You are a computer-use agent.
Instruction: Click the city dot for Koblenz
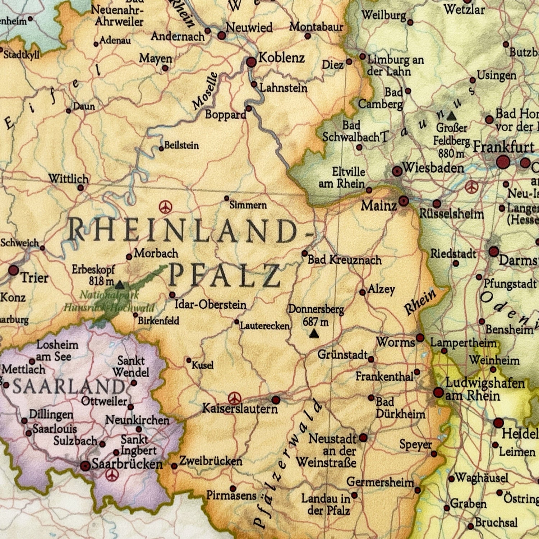click(252, 62)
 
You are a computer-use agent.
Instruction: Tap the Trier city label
click(34, 278)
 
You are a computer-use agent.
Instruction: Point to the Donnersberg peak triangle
click(314, 335)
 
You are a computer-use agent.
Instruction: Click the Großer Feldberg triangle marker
click(452, 116)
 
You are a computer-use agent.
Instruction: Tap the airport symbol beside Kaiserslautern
click(234, 398)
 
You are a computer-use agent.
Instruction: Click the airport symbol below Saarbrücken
click(112, 475)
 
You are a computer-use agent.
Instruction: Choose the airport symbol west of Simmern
click(165, 207)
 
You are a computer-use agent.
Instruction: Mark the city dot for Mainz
click(404, 201)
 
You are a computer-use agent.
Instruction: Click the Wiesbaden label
click(433, 168)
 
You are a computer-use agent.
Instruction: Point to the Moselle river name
click(205, 91)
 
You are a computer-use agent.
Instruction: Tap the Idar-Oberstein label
click(211, 305)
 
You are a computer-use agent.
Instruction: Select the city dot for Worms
click(420, 338)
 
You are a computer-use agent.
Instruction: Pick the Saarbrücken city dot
click(85, 466)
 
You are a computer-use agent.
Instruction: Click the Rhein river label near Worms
click(420, 301)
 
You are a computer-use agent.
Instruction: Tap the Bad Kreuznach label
click(345, 260)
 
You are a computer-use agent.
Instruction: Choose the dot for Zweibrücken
click(174, 466)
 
